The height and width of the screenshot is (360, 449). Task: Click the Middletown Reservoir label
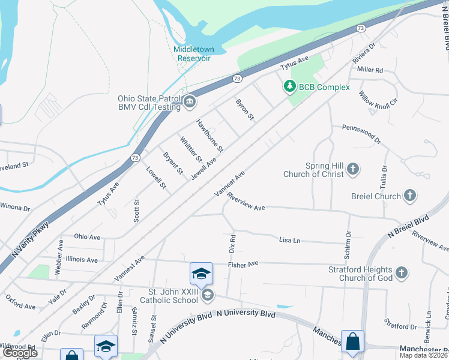[x=192, y=54]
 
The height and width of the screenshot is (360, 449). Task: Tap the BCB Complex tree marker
[x=290, y=87]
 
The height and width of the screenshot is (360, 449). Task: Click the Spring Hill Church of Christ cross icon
[x=353, y=169]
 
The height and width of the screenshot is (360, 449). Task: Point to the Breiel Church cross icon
[x=409, y=196]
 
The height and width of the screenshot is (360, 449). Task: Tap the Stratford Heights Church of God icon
[x=402, y=274]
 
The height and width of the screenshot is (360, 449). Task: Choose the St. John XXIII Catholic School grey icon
[x=207, y=294]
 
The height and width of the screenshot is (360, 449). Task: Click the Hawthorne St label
[x=209, y=135]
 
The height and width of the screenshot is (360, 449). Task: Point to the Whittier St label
[x=191, y=149]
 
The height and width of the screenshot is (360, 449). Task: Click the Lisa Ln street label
[x=289, y=240]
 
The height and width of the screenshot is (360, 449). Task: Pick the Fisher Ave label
[x=243, y=263]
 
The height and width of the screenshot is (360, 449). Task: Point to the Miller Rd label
[x=370, y=70]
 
